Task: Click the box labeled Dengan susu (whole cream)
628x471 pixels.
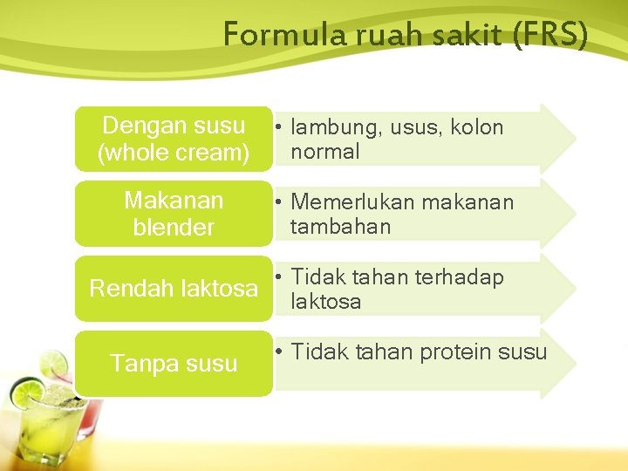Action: click(174, 140)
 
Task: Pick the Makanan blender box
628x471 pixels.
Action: click(174, 214)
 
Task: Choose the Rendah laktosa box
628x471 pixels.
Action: click(174, 289)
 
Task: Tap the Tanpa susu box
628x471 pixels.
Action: click(174, 363)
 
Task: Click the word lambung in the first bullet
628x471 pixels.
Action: click(330, 128)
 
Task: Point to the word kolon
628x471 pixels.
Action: click(477, 127)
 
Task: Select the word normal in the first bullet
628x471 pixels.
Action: click(324, 152)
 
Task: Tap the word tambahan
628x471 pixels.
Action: click(340, 227)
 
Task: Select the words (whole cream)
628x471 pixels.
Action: click(174, 154)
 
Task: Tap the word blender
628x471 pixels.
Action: click(174, 228)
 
